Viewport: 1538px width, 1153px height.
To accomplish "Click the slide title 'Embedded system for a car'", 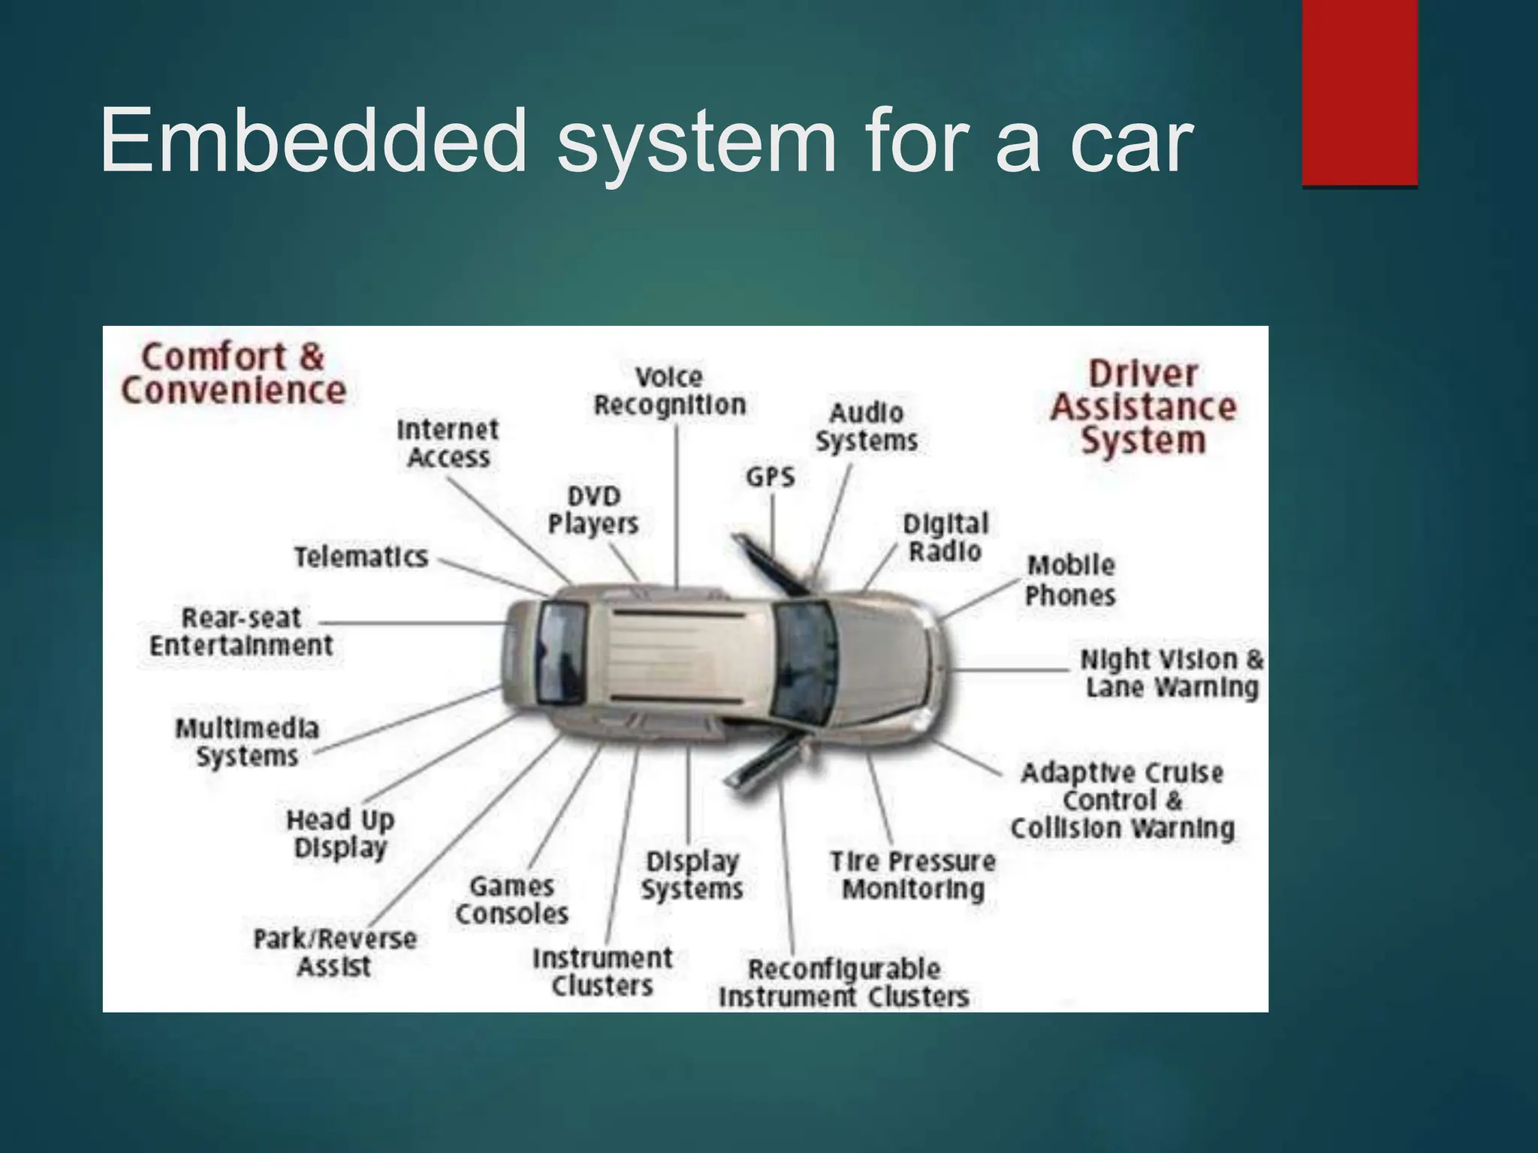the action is (x=646, y=143).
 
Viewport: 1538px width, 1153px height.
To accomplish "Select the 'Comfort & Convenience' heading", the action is (x=234, y=374).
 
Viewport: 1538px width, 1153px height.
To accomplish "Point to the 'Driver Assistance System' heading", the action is (x=1143, y=407).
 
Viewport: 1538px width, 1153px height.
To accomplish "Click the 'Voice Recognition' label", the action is (x=669, y=391).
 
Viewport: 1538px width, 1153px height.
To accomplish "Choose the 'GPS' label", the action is (x=770, y=477).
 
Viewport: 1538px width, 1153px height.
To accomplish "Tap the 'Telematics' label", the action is (x=360, y=557).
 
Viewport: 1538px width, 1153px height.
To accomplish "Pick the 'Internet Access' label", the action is (x=448, y=444).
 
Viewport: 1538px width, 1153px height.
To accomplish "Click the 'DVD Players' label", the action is (x=593, y=510).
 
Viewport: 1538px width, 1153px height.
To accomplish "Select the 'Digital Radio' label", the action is (x=945, y=537).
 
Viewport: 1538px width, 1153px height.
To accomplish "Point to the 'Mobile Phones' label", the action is (x=1070, y=580).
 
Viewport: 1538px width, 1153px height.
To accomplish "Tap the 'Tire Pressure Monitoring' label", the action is (x=912, y=875).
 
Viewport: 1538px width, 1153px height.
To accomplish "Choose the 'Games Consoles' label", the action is (x=512, y=900).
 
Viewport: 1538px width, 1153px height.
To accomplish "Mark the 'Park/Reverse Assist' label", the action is (x=335, y=953).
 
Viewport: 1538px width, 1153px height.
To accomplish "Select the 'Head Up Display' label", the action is (x=340, y=833).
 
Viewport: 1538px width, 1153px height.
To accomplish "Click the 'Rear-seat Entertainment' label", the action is (x=241, y=631).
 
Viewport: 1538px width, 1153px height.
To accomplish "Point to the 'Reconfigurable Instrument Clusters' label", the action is (x=844, y=983).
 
